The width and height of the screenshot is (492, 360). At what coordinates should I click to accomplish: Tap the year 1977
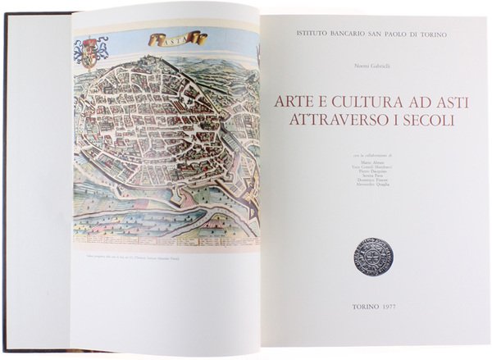point(389,305)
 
